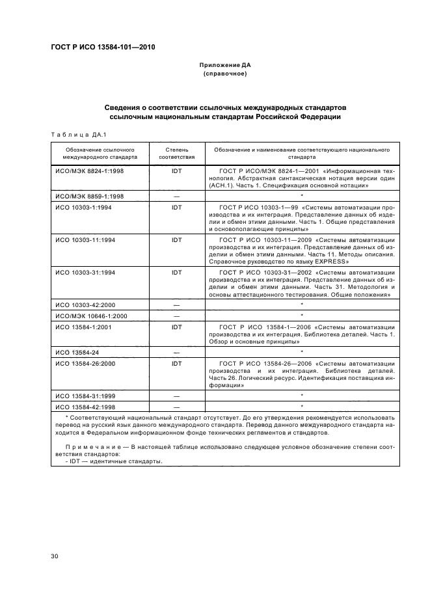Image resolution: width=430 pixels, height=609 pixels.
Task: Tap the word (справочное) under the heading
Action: (224, 74)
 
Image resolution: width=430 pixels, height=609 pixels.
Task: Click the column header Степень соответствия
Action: (176, 153)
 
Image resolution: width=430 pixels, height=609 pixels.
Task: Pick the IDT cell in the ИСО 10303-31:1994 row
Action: (176, 272)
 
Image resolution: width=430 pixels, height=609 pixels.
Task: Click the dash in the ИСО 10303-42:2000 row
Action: (176, 305)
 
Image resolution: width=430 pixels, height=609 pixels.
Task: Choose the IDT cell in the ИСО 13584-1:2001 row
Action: (176, 327)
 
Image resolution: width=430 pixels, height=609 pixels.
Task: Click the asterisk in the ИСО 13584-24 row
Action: (302, 352)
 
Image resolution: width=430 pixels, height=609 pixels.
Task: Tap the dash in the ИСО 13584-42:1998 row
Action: (176, 407)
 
